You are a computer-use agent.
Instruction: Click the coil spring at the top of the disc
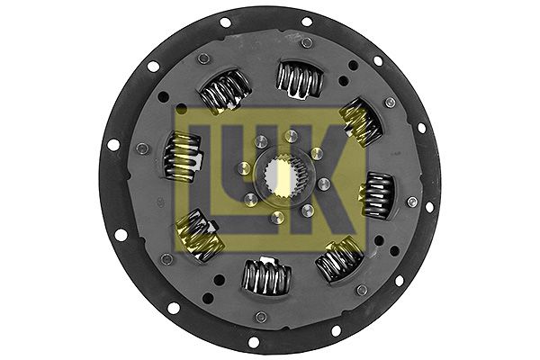300,79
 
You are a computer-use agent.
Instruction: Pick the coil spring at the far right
378,195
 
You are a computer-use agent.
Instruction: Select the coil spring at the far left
183,157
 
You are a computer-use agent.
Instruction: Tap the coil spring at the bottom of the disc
265,276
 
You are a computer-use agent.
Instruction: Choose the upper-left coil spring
224,90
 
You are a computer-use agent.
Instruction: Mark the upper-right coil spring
361,122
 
